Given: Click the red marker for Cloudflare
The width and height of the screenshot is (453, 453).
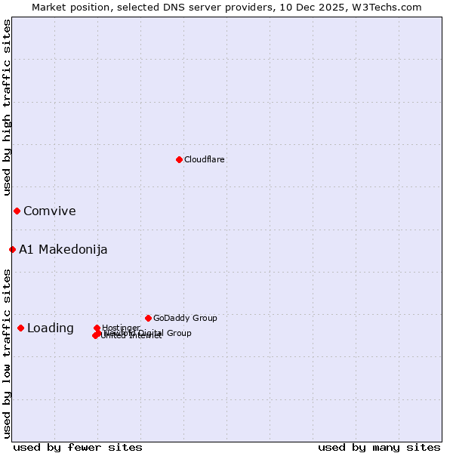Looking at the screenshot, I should (179, 159).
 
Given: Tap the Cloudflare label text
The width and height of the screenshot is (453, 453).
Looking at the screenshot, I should (205, 159).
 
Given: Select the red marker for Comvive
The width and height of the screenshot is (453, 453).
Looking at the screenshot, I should (17, 211).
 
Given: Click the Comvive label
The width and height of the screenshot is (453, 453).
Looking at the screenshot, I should (50, 211).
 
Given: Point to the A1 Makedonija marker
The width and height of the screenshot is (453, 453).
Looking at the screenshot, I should (12, 249).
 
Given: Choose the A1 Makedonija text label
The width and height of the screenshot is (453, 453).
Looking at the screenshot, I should (63, 250).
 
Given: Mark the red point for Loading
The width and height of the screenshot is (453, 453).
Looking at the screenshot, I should (20, 328).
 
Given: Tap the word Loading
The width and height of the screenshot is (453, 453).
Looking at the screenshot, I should (51, 328).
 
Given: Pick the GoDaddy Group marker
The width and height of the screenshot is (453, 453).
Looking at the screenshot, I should (148, 318).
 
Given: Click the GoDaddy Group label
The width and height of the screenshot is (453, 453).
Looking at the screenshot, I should (185, 318).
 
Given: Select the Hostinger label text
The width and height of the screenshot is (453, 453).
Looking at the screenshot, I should (121, 328).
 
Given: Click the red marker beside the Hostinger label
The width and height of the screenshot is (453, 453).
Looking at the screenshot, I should (97, 328).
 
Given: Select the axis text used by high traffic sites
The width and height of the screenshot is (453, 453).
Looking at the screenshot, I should (7, 107).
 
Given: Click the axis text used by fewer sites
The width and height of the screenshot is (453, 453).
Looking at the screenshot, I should (78, 447).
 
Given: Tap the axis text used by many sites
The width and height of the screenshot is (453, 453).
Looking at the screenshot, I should (379, 447).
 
